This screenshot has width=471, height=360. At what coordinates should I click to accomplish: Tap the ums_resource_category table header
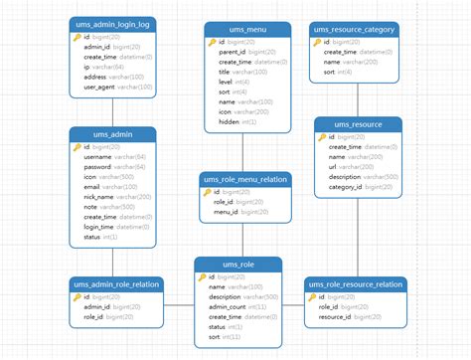click(358, 30)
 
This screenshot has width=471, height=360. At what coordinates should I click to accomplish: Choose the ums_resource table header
click(358, 123)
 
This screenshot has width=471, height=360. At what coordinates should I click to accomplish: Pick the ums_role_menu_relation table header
click(244, 179)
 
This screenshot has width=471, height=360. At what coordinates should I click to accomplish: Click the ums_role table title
click(238, 264)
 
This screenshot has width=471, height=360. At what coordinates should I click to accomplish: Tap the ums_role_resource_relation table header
click(355, 283)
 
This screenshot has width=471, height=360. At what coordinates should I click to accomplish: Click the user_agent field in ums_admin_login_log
click(99, 88)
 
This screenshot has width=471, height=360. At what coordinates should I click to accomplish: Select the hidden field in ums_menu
click(230, 121)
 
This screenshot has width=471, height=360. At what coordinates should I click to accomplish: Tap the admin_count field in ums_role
click(230, 306)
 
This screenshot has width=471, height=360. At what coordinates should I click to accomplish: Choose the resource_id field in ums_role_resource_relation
click(335, 317)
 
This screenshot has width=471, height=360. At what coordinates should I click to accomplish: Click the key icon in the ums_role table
click(202, 277)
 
